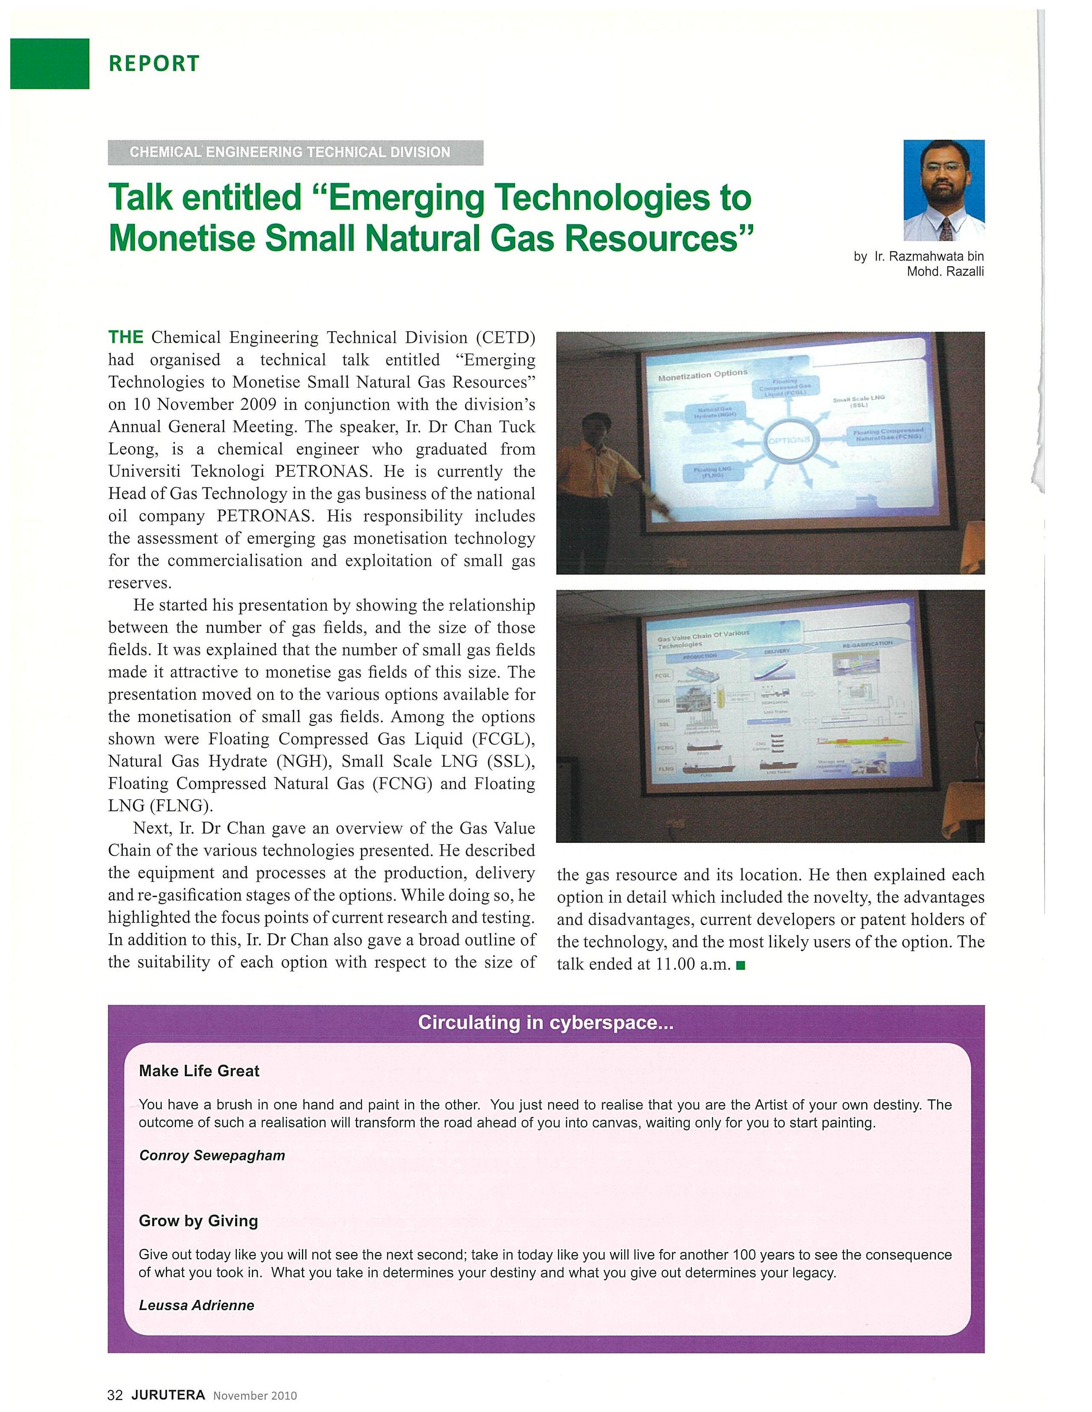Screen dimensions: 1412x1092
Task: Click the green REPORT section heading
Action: (154, 63)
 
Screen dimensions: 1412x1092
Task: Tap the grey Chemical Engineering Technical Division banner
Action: (295, 153)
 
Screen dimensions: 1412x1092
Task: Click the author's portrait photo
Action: (943, 190)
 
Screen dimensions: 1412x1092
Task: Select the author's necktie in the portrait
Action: (946, 229)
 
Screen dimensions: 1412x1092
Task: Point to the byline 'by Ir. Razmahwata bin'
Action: (918, 257)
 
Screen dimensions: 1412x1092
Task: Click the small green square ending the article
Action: (741, 966)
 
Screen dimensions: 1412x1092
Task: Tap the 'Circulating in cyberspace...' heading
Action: (545, 1022)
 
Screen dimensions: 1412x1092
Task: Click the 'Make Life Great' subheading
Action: (199, 1071)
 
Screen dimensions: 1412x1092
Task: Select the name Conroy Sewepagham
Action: (212, 1155)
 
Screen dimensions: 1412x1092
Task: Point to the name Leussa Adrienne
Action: (197, 1305)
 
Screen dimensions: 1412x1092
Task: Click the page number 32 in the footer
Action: (114, 1395)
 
